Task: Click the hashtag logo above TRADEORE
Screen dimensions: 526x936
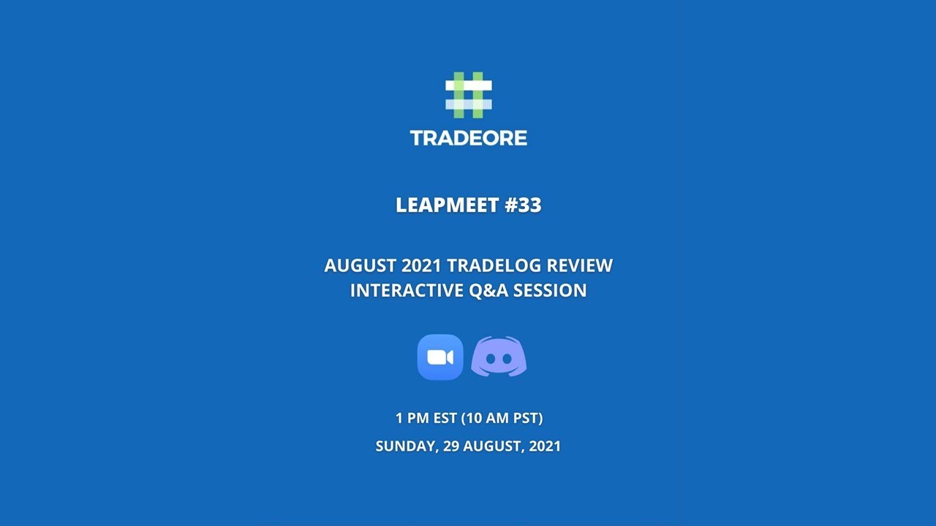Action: click(x=469, y=95)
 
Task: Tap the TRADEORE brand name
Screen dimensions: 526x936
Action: click(x=469, y=138)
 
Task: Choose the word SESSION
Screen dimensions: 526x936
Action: click(x=550, y=290)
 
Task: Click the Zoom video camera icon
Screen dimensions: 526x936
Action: click(x=440, y=357)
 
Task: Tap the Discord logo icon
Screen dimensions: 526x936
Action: click(x=499, y=357)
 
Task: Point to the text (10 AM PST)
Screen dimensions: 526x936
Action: click(x=502, y=419)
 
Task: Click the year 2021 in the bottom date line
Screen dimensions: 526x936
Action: click(x=543, y=446)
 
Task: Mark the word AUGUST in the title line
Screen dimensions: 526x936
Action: click(x=360, y=265)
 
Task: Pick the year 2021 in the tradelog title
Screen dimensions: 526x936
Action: click(x=422, y=265)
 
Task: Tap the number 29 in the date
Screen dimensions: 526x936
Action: click(x=451, y=446)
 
